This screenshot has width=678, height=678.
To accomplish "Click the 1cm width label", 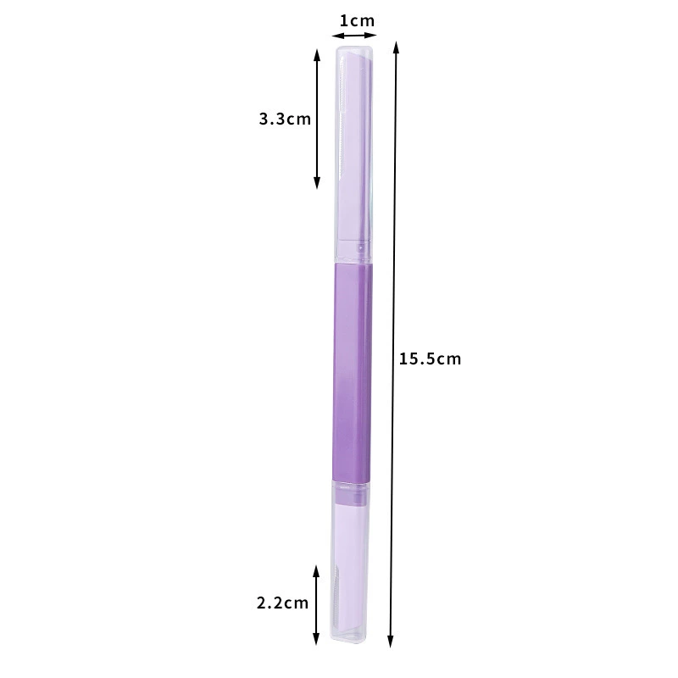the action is pyautogui.click(x=357, y=20).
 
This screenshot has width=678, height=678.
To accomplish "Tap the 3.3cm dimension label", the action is pyautogui.click(x=285, y=119).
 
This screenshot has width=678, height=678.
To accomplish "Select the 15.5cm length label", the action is pyautogui.click(x=430, y=358).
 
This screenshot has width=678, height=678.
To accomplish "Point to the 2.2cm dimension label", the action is pyautogui.click(x=283, y=603).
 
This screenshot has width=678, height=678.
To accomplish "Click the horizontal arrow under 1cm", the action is pyautogui.click(x=354, y=36).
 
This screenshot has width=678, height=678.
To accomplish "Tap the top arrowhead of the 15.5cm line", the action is pyautogui.click(x=396, y=47).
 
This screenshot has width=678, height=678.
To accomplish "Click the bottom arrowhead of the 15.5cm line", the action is pyautogui.click(x=391, y=642).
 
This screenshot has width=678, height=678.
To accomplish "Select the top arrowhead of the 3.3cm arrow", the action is pyautogui.click(x=317, y=55).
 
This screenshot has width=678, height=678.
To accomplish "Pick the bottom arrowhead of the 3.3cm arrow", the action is pyautogui.click(x=317, y=183).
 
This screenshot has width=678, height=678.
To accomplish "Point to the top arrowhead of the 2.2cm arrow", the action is pyautogui.click(x=316, y=570).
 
